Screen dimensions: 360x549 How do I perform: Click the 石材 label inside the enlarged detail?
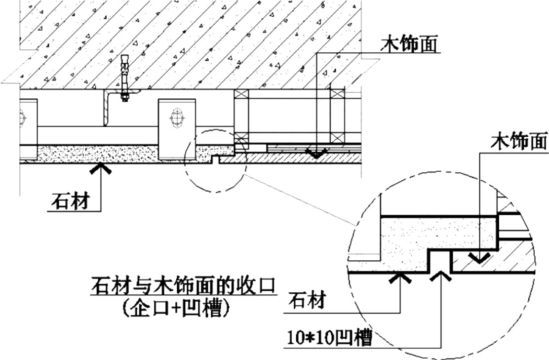pyautogui.click(x=307, y=301)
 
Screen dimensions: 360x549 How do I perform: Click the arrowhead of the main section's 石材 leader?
pyautogui.click(x=101, y=168)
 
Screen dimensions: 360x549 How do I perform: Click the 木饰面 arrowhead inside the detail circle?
pyautogui.click(x=479, y=258)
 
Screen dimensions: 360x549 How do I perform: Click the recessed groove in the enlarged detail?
pyautogui.click(x=439, y=261)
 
